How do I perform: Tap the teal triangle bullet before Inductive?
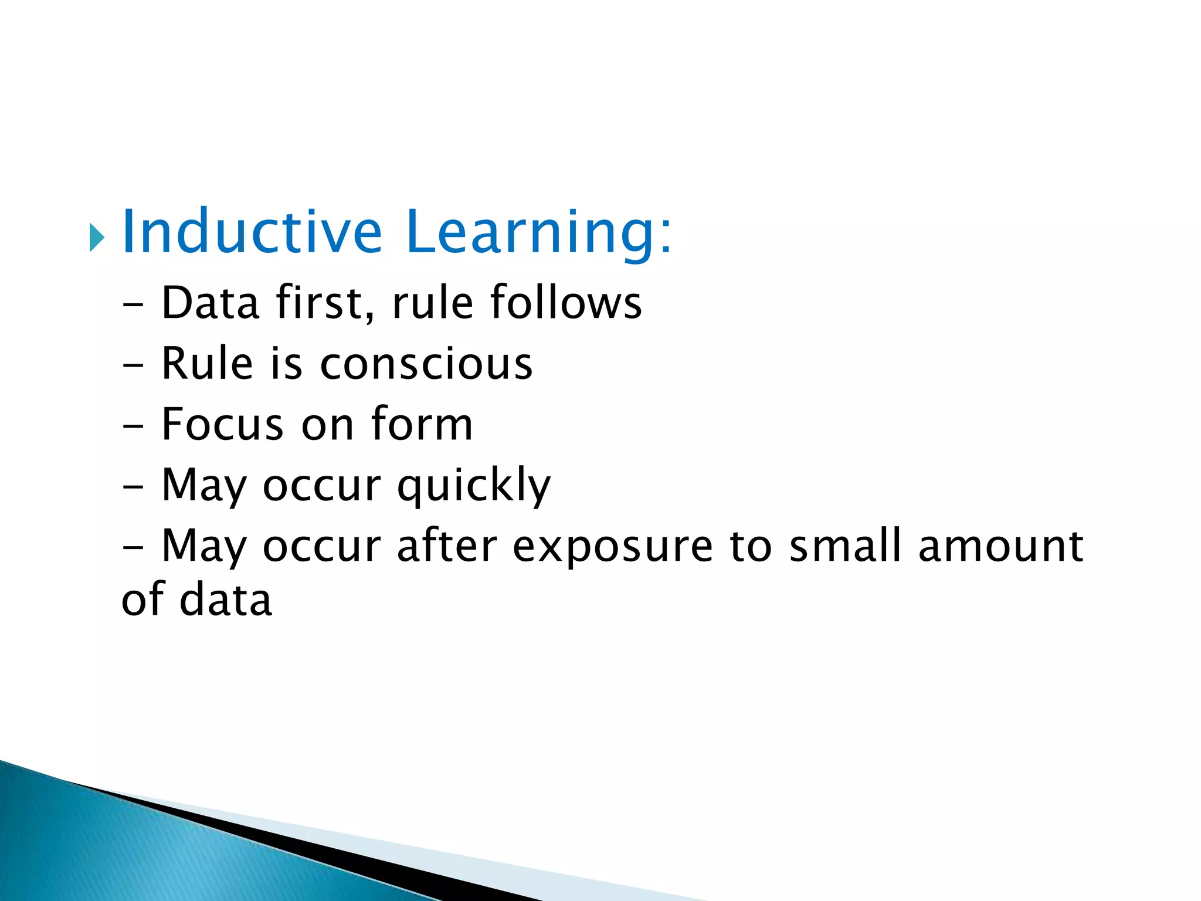(x=97, y=238)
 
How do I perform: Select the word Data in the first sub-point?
(x=210, y=303)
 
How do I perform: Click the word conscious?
(x=426, y=364)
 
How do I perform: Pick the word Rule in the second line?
(x=207, y=364)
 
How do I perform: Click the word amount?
(x=1000, y=547)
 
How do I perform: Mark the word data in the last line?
(x=226, y=600)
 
